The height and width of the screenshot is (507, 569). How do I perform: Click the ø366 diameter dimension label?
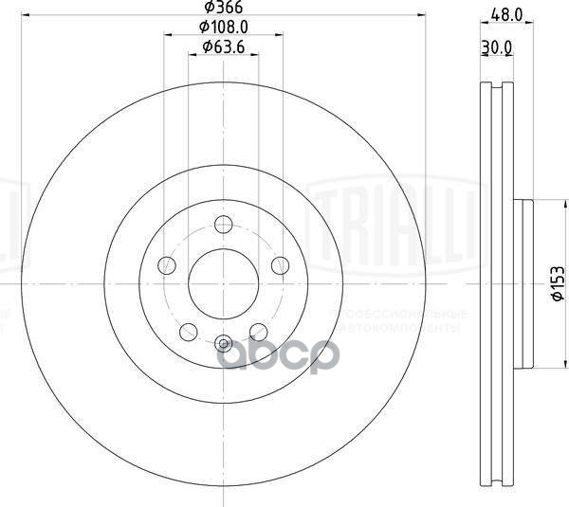223,9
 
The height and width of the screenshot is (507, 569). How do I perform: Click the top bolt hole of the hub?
224,225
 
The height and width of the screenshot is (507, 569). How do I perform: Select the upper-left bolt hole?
167,265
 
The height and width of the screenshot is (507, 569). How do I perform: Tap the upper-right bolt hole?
280,265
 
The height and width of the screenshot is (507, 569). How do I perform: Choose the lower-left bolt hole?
189,331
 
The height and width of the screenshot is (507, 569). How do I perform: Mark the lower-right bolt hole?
259,331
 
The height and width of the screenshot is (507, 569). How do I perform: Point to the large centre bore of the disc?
224,282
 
